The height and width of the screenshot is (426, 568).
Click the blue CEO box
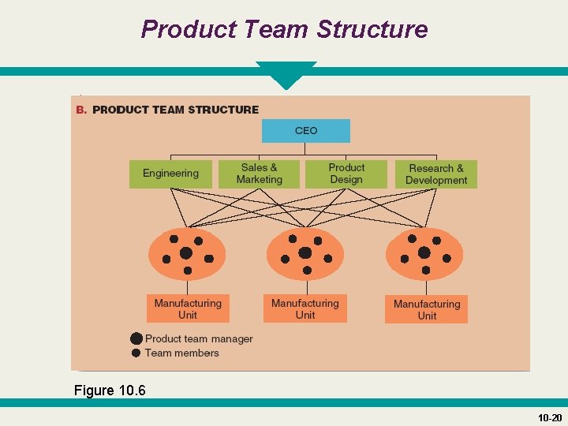click(x=305, y=131)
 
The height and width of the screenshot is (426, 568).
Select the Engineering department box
click(x=170, y=174)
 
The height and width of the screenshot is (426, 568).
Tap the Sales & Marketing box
click(x=259, y=174)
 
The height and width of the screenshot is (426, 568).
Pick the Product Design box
click(x=346, y=174)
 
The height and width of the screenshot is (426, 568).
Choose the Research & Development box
click(x=436, y=174)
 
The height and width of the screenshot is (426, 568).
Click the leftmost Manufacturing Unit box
click(x=188, y=308)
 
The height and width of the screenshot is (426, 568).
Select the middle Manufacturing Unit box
click(x=305, y=308)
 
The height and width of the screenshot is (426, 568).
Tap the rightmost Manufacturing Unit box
click(x=426, y=309)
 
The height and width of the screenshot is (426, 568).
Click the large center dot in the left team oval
click(x=185, y=253)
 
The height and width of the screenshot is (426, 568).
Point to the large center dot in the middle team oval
click(x=305, y=252)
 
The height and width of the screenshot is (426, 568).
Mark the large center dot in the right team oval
click(x=424, y=252)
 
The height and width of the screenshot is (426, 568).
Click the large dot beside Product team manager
click(x=136, y=338)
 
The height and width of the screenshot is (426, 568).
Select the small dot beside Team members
click(x=136, y=353)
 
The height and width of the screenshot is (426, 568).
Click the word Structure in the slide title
click(x=372, y=30)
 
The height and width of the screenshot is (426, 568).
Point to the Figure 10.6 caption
click(x=110, y=390)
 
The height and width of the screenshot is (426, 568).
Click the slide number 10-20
click(x=549, y=417)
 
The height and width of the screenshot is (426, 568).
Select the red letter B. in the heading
click(x=81, y=110)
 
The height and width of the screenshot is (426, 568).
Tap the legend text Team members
click(x=181, y=353)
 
